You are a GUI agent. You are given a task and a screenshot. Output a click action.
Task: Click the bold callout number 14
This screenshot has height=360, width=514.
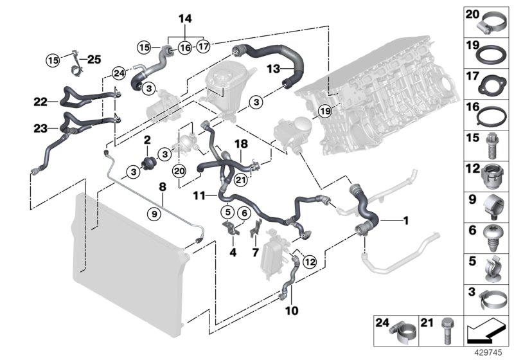[x=185, y=19]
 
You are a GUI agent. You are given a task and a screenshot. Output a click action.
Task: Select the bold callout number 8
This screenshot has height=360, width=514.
[x=163, y=188]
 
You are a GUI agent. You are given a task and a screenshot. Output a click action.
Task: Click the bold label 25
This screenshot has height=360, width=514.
[x=94, y=60]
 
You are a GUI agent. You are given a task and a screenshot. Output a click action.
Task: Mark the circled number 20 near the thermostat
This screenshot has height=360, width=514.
[x=179, y=170]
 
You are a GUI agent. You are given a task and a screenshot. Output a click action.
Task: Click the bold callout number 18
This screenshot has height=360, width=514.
[x=241, y=147]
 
